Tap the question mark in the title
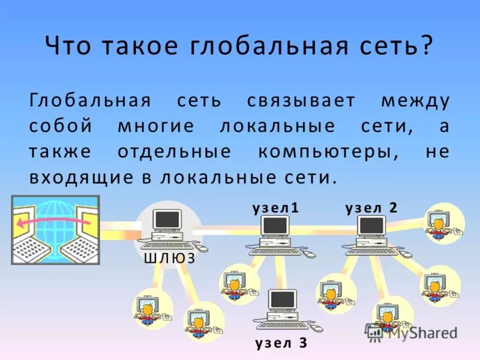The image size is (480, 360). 426,47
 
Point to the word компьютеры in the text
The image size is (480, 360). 328,152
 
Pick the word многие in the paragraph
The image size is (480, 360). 156,127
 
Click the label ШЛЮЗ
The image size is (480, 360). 170,259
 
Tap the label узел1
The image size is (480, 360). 275,208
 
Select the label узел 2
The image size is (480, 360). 371,208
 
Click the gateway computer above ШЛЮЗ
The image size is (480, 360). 169,228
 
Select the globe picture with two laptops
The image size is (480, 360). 55,230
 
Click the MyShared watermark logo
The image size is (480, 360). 412,332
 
